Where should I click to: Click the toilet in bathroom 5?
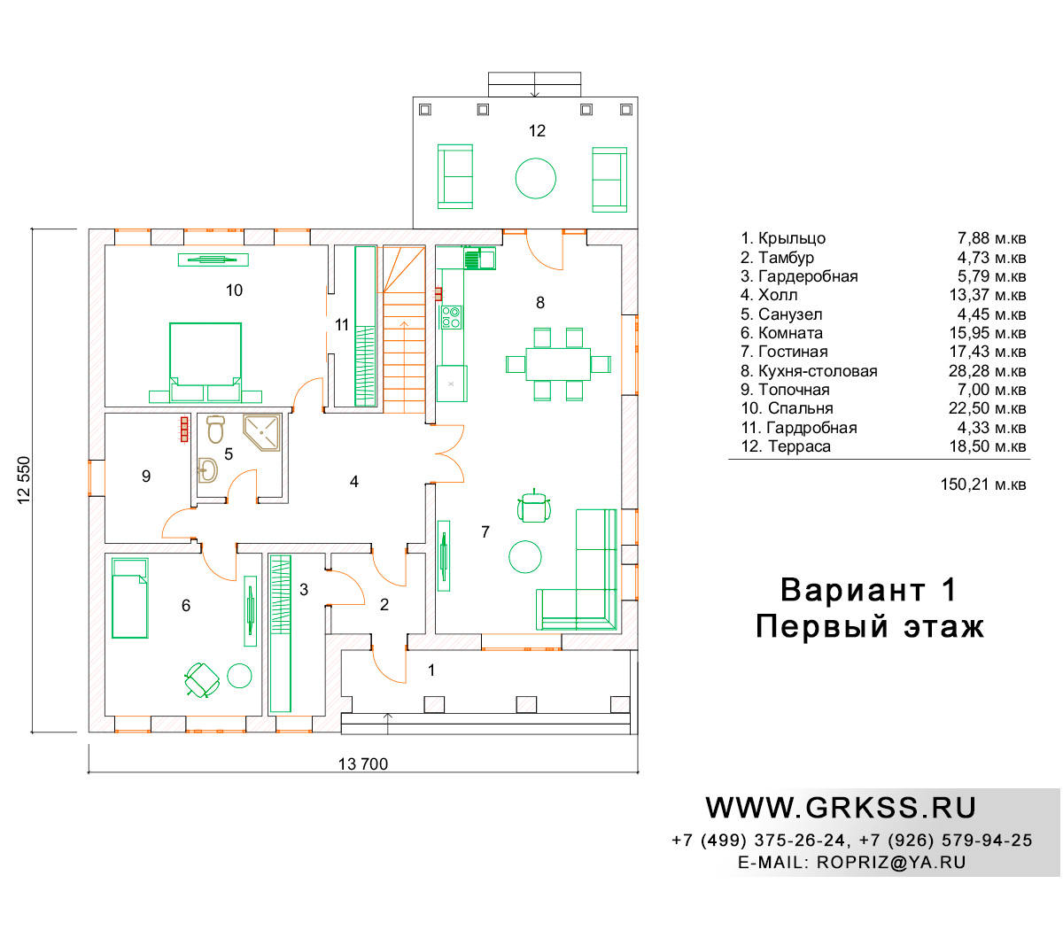[215, 429]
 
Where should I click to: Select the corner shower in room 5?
[262, 431]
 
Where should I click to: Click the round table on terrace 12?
[536, 178]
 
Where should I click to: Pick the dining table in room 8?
[558, 364]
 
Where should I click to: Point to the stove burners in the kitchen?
[451, 317]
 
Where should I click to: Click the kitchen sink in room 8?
[479, 259]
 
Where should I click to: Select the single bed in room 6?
[130, 598]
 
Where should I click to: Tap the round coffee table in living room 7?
[524, 556]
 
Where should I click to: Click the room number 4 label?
[353, 482]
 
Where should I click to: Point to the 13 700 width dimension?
[362, 763]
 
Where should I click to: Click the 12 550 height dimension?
[25, 479]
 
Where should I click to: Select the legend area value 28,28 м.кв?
[987, 371]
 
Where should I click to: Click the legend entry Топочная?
[794, 390]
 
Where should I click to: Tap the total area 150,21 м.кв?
[983, 484]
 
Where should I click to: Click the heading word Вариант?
[852, 590]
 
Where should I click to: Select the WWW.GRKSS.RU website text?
[841, 808]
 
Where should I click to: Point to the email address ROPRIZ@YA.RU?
[891, 863]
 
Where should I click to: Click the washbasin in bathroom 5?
[208, 470]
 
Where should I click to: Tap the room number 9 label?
[146, 476]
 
